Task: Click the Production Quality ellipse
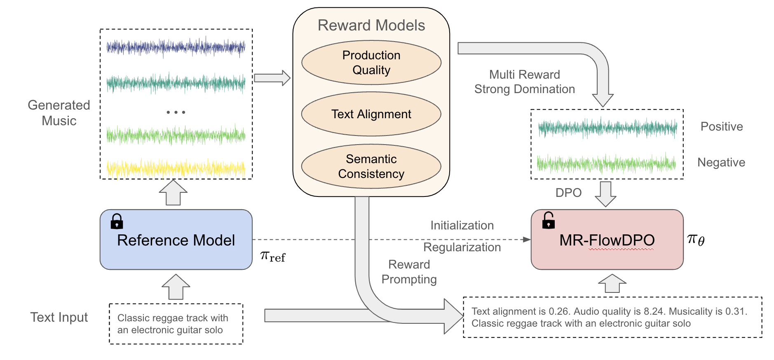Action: tap(371, 63)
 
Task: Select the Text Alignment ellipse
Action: tap(371, 114)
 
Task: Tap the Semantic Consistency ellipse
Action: tap(371, 166)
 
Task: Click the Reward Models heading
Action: tap(371, 26)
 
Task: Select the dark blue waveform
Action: tap(176, 47)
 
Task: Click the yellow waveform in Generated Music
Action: tap(176, 168)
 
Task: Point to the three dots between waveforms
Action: tap(176, 112)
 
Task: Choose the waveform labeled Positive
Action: tap(607, 128)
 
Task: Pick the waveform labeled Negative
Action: tap(606, 164)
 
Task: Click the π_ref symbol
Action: tap(272, 256)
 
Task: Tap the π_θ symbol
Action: tap(696, 239)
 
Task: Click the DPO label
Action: tap(568, 193)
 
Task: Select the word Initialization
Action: tap(462, 225)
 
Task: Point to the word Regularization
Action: tap(462, 247)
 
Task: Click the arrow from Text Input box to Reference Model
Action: tap(176, 287)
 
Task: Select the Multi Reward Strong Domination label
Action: tap(524, 82)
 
